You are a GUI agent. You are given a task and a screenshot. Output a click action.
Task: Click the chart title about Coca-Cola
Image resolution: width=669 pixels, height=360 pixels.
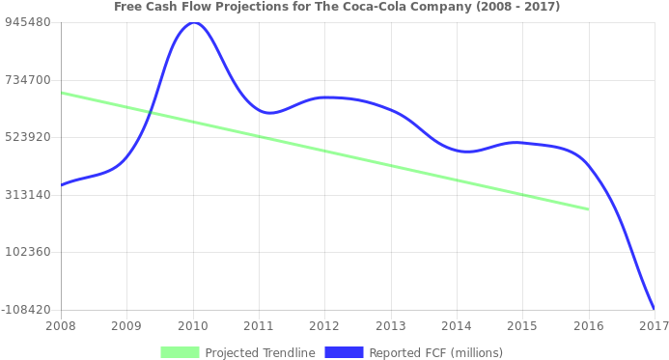336,7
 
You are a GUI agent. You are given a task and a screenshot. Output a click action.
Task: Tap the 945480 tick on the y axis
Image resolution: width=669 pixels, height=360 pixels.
28,21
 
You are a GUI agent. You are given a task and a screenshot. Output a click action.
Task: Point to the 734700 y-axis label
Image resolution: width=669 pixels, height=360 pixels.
28,79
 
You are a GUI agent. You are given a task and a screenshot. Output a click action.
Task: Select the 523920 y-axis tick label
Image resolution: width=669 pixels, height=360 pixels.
28,137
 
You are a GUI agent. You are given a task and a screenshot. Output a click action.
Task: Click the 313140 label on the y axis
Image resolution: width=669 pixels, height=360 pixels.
28,194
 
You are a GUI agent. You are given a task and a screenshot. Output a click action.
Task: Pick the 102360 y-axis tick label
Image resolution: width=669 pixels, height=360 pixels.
28,252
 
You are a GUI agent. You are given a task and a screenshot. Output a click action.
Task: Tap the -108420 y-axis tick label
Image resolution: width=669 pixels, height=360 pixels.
26,310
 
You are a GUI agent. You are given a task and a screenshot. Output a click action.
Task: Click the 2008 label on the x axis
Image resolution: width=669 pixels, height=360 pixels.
61,326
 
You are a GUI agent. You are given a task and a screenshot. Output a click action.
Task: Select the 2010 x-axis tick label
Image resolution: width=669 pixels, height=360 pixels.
193,326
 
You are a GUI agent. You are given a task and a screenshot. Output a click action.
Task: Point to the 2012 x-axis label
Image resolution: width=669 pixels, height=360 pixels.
324,326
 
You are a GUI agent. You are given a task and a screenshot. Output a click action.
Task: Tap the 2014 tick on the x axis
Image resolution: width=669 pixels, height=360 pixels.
456,326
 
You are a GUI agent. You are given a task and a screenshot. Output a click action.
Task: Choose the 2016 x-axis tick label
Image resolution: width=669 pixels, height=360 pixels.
588,326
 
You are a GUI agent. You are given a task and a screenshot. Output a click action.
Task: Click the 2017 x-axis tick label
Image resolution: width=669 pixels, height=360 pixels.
654,326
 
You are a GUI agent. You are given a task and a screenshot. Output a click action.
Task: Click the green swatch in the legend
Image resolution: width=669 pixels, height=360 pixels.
180,352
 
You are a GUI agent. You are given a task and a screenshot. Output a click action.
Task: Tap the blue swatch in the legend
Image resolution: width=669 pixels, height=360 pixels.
344,352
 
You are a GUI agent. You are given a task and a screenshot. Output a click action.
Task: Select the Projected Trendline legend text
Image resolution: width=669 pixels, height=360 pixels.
260,352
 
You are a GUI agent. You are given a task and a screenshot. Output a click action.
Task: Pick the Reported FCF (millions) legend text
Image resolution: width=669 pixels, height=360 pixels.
435,352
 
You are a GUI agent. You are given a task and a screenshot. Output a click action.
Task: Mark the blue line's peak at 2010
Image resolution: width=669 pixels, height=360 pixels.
193,22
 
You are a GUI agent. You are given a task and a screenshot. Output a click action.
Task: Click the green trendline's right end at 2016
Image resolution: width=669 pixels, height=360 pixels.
588,208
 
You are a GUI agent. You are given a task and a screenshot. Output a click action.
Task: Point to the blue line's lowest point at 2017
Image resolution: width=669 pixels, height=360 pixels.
654,309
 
